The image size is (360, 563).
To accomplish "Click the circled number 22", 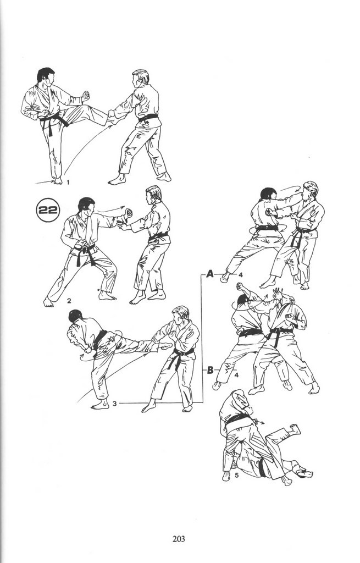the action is click(48, 209).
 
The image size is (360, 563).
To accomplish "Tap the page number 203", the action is click(179, 539).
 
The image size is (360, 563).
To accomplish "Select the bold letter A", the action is click(210, 274).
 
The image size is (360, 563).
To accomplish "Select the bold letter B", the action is click(211, 370).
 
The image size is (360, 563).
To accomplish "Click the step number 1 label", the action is click(68, 183).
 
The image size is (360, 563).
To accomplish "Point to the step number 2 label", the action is click(69, 301).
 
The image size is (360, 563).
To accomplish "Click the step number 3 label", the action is click(114, 403).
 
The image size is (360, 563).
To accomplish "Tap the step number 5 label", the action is click(236, 476).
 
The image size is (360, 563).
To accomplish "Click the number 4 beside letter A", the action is click(240, 275).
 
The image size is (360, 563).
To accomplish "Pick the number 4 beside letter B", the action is click(236, 376).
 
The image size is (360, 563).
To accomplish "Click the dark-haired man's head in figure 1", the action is click(46, 76).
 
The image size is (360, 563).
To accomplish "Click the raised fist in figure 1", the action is click(85, 96).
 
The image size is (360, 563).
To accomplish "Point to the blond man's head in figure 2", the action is click(153, 195).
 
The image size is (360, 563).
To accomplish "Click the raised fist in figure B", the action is click(241, 287).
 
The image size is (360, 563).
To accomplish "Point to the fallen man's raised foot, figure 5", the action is click(295, 428).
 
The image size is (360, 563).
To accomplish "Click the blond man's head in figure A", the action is click(309, 190).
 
